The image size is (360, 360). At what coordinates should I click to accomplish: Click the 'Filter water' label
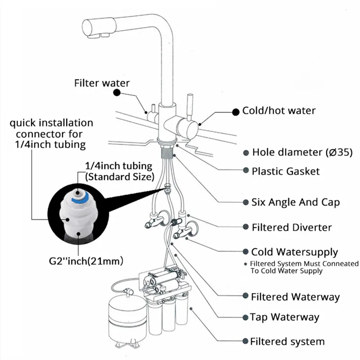[x=102, y=83]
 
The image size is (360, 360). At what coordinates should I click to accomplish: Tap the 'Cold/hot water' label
[x=279, y=111]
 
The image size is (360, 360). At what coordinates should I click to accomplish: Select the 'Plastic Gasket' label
[x=286, y=171]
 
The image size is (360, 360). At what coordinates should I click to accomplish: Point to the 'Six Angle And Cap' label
[x=296, y=202]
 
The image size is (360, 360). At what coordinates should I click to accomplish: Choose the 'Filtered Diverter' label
[x=292, y=228]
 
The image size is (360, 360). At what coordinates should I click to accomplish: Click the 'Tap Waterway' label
[x=284, y=317]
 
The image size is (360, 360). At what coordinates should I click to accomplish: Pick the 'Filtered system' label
[x=287, y=342]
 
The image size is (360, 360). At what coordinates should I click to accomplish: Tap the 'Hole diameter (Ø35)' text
[x=302, y=152]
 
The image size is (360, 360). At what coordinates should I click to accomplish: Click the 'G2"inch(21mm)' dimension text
[x=86, y=261]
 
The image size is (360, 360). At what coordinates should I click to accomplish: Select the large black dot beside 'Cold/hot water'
[x=236, y=112]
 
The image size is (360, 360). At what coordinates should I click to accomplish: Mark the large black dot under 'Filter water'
[x=117, y=93]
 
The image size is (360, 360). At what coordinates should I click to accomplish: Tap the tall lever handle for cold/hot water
[x=190, y=107]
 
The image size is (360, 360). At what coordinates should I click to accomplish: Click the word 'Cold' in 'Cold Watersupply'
[x=261, y=252]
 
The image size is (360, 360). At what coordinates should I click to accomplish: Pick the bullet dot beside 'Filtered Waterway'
[x=245, y=296]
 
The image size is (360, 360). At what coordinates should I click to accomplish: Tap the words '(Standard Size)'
[x=120, y=177]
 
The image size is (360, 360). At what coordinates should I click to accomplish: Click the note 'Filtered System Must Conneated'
[x=304, y=264]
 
